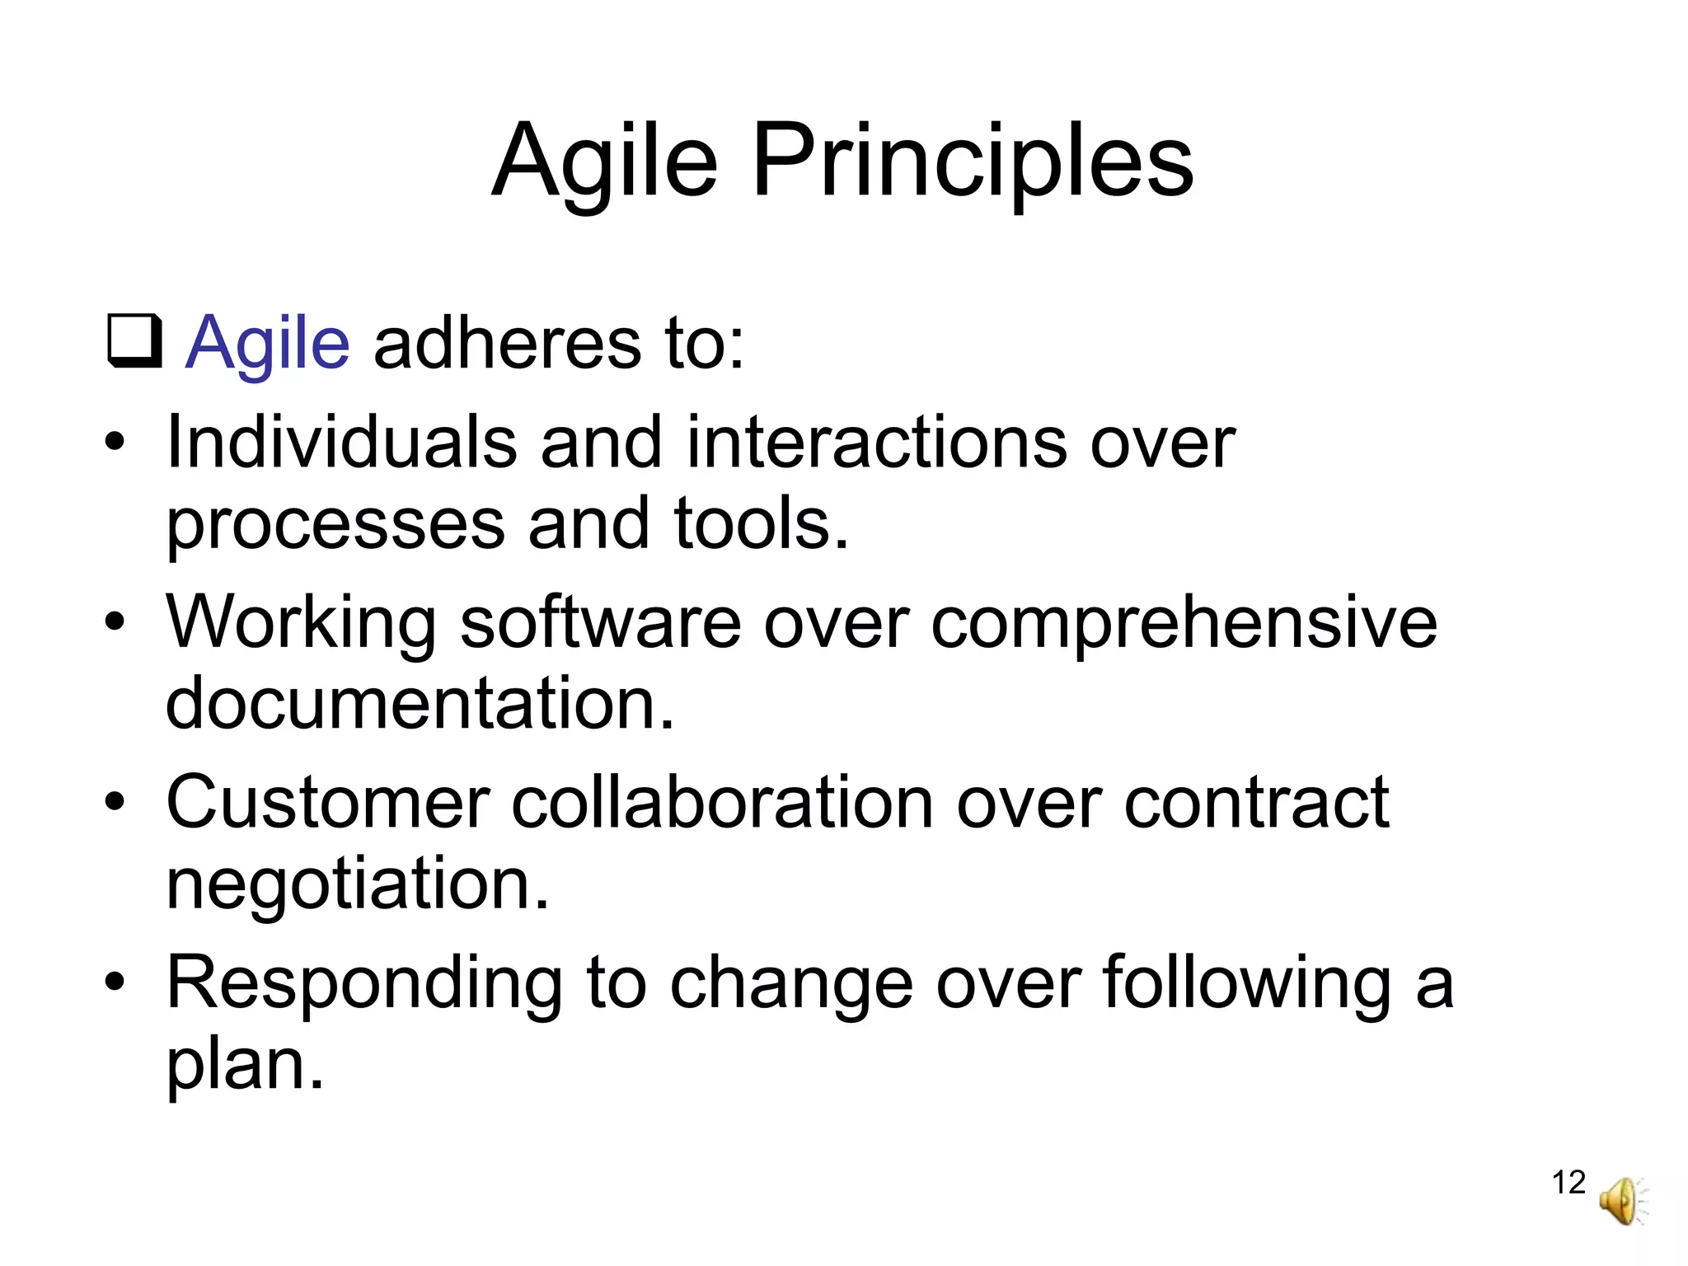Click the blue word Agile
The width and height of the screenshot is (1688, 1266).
tap(268, 342)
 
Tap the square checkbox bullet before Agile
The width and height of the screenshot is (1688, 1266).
tap(134, 342)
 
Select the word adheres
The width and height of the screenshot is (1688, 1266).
tap(507, 342)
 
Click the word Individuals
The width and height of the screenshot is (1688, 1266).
tap(342, 443)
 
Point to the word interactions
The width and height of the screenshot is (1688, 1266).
tap(878, 443)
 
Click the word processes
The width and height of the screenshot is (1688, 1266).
tap(335, 525)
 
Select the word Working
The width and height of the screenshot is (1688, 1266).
tap(301, 624)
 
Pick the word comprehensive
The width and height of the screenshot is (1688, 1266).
tap(1184, 624)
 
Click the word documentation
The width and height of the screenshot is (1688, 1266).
tap(420, 703)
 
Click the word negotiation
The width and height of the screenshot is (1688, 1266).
tap(357, 884)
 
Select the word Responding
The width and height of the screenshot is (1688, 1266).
tap(364, 983)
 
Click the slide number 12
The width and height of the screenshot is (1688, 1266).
tap(1568, 1182)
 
